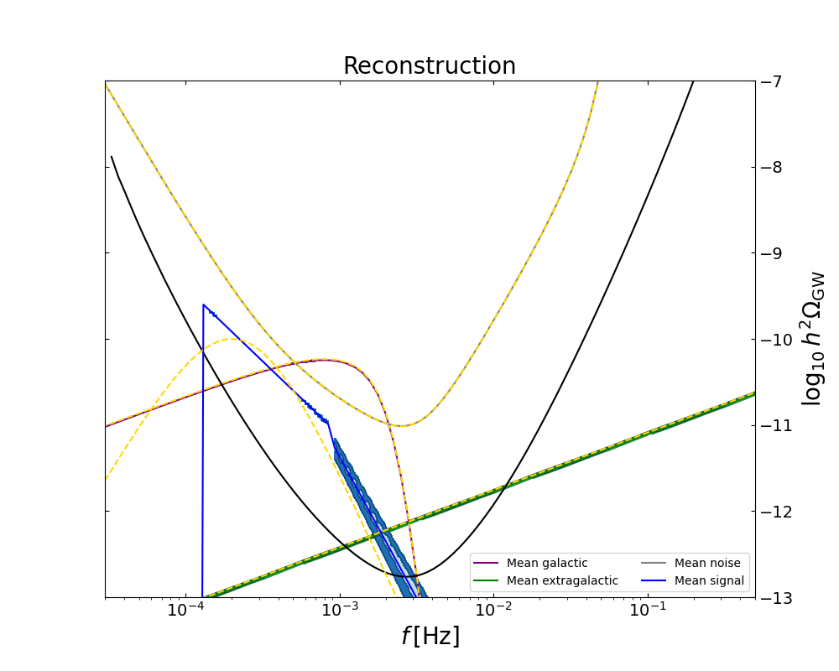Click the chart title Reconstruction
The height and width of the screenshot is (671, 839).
(429, 66)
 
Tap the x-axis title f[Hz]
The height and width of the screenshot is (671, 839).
(430, 637)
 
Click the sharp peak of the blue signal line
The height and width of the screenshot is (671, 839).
(203, 304)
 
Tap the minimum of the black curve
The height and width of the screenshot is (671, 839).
(417, 575)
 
